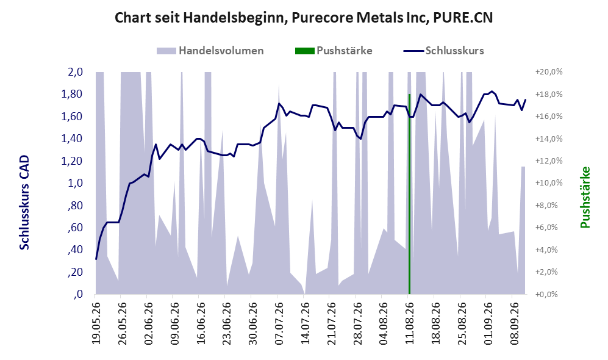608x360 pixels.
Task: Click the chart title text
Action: click(304, 18)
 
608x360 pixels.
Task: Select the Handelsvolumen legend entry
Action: click(210, 51)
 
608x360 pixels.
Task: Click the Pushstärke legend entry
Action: click(334, 51)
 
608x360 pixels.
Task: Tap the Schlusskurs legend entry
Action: click(443, 51)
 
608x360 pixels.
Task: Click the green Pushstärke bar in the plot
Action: click(409, 194)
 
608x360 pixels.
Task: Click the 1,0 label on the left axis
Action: click(76, 183)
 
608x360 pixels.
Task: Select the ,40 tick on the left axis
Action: click(75, 250)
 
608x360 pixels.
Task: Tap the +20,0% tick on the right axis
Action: click(549, 72)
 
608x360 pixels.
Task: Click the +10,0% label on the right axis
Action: click(549, 183)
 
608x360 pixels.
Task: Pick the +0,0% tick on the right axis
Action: click(547, 295)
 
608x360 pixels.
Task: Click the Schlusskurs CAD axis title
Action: click(24, 203)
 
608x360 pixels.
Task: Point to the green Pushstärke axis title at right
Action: click(585, 197)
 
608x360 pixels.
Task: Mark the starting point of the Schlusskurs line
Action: click(96, 259)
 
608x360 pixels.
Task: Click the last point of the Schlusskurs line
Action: click(526, 99)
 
